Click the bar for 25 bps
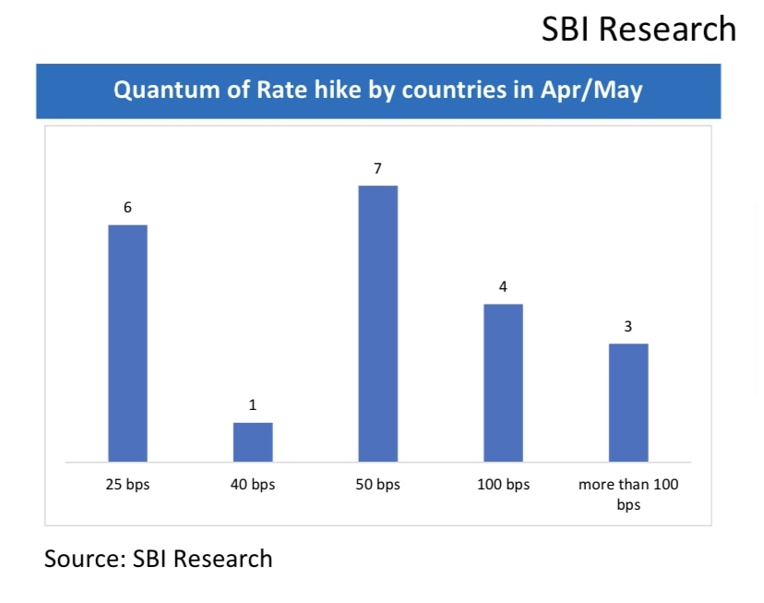point(127,343)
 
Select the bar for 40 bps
point(253,441)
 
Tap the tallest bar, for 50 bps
point(377,323)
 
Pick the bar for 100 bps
point(503,382)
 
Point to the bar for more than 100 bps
point(628,402)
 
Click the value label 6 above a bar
point(127,208)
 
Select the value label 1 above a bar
point(253,405)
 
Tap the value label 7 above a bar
point(377,168)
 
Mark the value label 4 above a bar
point(503,286)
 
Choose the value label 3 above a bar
point(628,326)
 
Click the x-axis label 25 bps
point(127,485)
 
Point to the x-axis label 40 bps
point(253,485)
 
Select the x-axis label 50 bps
point(377,485)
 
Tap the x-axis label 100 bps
point(503,485)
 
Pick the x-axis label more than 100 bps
point(628,494)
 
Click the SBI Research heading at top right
point(639,29)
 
